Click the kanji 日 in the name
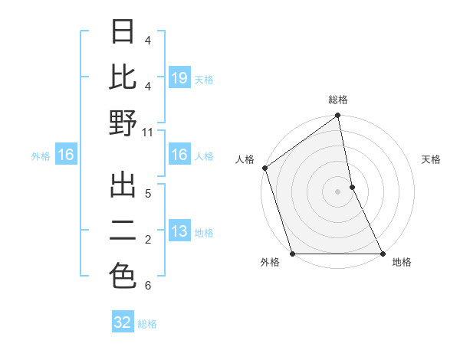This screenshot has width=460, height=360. (x=123, y=33)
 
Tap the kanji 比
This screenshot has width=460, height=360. (x=123, y=77)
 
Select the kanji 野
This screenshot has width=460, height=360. (x=123, y=123)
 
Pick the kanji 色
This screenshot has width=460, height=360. (x=123, y=277)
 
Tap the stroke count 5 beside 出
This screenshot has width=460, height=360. (x=147, y=193)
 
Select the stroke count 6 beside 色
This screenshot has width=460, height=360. (x=147, y=286)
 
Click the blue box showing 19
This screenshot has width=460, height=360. (x=179, y=77)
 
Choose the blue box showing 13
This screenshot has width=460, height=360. (x=179, y=231)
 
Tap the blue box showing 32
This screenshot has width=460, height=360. (x=123, y=322)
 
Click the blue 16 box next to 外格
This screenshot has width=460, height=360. (x=65, y=155)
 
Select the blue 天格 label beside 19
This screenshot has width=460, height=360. (x=204, y=79)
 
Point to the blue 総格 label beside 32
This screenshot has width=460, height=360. (x=147, y=324)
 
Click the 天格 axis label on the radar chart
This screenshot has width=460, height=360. (x=432, y=159)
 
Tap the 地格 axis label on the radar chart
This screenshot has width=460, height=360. (x=402, y=263)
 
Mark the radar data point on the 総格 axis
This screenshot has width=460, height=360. (x=337, y=116)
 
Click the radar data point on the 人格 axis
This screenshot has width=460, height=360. (x=264, y=168)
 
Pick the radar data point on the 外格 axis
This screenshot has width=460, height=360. (x=292, y=254)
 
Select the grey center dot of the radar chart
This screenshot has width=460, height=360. (x=337, y=191)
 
